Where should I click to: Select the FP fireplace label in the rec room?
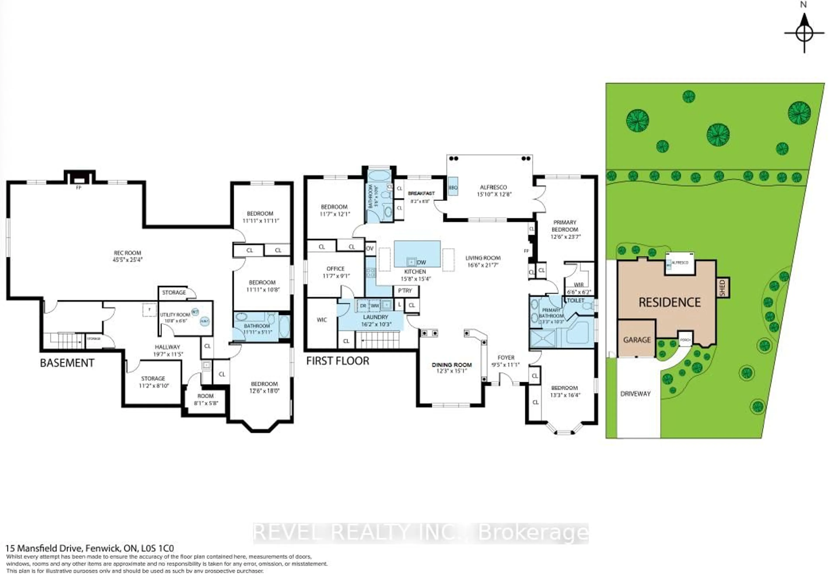[78, 188]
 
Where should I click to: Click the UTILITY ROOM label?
[175, 315]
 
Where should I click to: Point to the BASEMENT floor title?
[67, 363]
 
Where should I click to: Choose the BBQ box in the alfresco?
[453, 187]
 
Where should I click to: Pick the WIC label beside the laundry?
[322, 320]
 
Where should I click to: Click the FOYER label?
[506, 358]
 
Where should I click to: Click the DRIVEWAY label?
[635, 394]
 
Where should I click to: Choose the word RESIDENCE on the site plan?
[670, 302]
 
